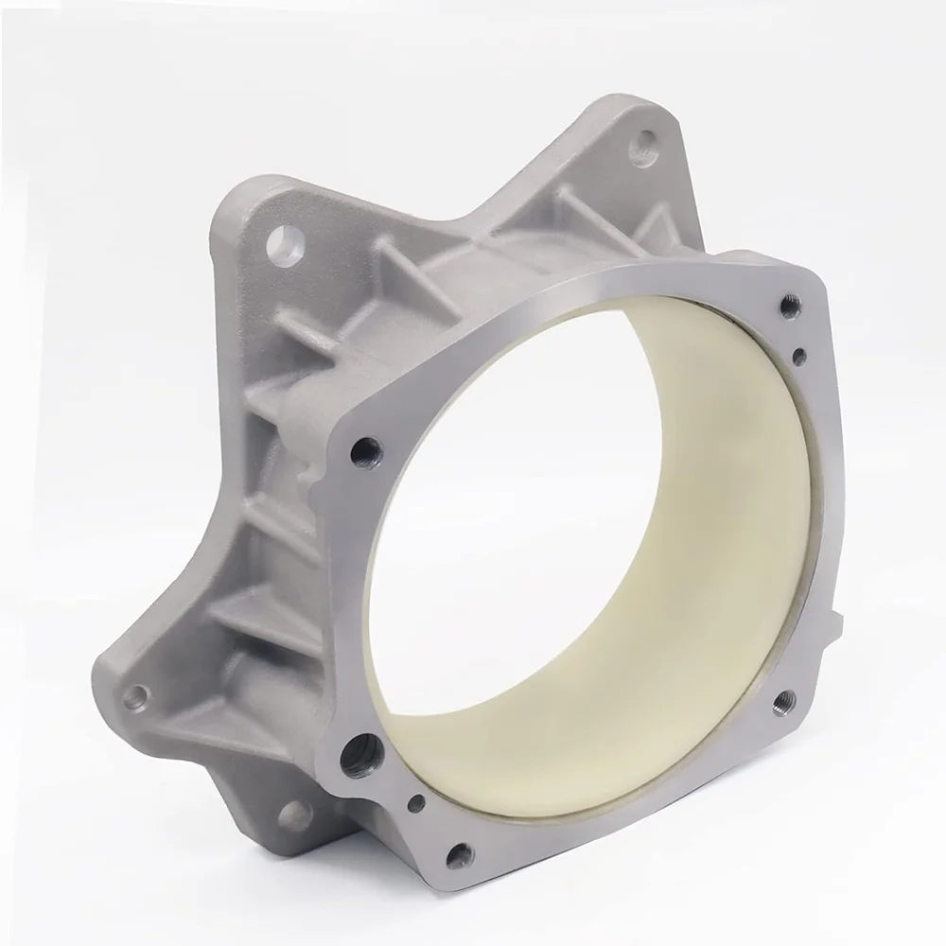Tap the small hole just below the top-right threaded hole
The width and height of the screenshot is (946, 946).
pos(799,356)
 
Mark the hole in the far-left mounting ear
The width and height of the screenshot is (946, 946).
pos(137,698)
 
